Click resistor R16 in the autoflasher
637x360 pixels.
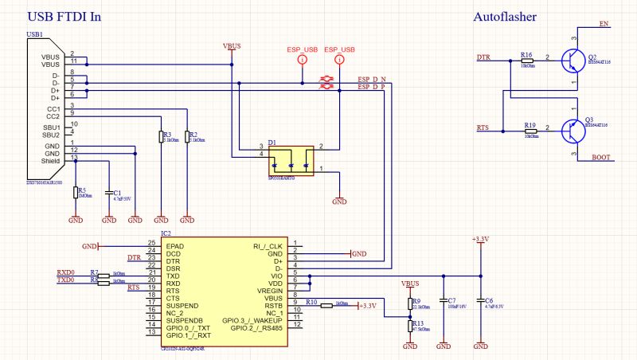(527, 62)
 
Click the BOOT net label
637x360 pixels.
(602, 158)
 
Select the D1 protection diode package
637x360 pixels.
(291, 160)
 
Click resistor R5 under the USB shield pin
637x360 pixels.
(76, 192)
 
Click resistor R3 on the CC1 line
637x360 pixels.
(160, 137)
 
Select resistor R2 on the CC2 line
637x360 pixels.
(188, 137)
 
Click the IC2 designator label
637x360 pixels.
(166, 233)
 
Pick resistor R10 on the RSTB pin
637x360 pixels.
(326, 304)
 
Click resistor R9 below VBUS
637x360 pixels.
(410, 303)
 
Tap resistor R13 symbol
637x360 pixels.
(410, 326)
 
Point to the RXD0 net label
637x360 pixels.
(65, 272)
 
